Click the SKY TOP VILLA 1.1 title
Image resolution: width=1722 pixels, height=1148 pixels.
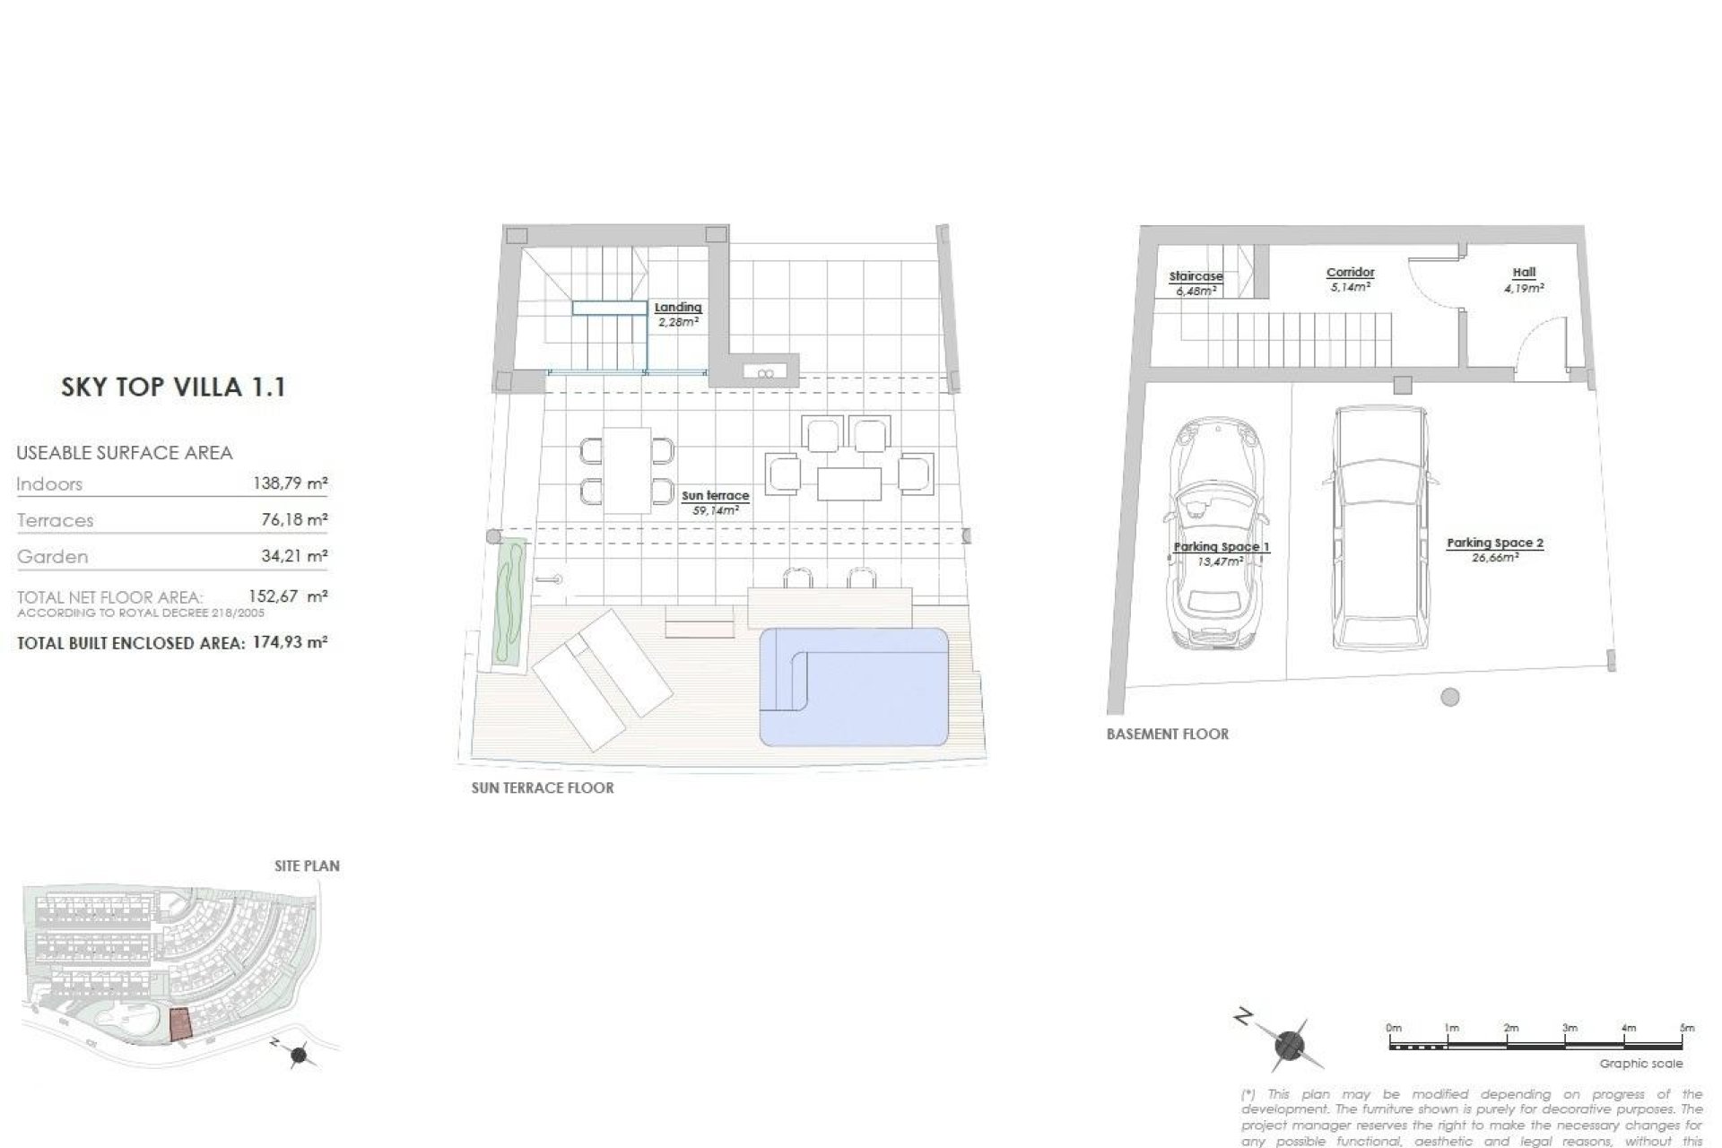pos(173,387)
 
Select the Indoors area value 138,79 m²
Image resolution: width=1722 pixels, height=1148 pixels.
pos(290,484)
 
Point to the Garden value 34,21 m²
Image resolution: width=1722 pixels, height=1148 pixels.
pos(292,557)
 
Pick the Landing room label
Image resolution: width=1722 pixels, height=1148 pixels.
pos(678,314)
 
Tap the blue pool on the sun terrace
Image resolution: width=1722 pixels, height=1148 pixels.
pos(854,686)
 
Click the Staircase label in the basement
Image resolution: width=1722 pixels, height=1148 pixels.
pos(1196,283)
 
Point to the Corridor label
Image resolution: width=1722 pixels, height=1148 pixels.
pos(1350,279)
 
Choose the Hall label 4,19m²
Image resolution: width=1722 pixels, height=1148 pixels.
pos(1524,280)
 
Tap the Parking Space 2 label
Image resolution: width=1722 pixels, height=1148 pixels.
pos(1494,549)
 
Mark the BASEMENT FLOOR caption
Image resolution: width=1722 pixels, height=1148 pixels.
pos(1167,734)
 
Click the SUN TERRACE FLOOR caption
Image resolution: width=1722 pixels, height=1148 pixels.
pos(543,788)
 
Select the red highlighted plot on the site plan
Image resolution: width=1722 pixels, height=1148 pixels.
pos(180,1023)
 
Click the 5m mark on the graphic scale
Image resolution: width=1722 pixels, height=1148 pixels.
pos(1686,1028)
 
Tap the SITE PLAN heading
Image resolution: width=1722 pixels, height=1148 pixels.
pos(307,866)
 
